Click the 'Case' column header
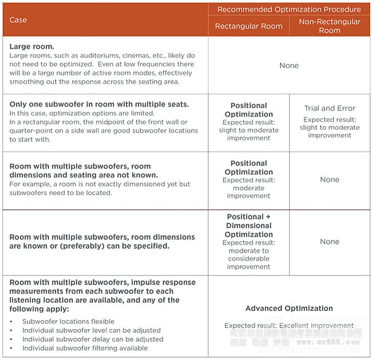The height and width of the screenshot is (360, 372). pyautogui.click(x=18, y=20)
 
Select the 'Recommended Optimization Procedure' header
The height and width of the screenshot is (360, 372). pyautogui.click(x=289, y=9)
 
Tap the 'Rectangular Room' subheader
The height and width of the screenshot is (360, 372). pyautogui.click(x=248, y=26)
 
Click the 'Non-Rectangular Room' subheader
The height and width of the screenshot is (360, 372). pyautogui.click(x=330, y=26)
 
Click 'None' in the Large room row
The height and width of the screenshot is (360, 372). pyautogui.click(x=289, y=66)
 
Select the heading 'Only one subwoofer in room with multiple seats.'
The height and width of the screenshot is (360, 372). pyautogui.click(x=99, y=104)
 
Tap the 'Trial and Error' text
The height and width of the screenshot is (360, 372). pyautogui.click(x=330, y=108)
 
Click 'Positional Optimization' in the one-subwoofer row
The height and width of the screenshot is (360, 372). pyautogui.click(x=249, y=110)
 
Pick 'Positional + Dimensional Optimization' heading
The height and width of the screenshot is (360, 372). pyautogui.click(x=249, y=226)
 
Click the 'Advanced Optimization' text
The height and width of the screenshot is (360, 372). pyautogui.click(x=289, y=308)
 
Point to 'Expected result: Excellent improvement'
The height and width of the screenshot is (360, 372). pyautogui.click(x=289, y=326)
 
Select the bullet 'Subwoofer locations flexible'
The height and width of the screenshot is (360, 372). pyautogui.click(x=68, y=322)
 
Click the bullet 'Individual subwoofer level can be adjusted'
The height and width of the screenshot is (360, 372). pyautogui.click(x=92, y=330)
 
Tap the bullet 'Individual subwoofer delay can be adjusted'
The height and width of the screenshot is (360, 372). pyautogui.click(x=93, y=339)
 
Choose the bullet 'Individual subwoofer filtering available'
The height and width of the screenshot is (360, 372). pyautogui.click(x=85, y=348)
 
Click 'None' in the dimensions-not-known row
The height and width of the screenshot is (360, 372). pyautogui.click(x=330, y=180)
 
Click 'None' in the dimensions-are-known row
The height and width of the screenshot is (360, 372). pyautogui.click(x=330, y=242)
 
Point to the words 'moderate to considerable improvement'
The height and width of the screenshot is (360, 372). pyautogui.click(x=249, y=259)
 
